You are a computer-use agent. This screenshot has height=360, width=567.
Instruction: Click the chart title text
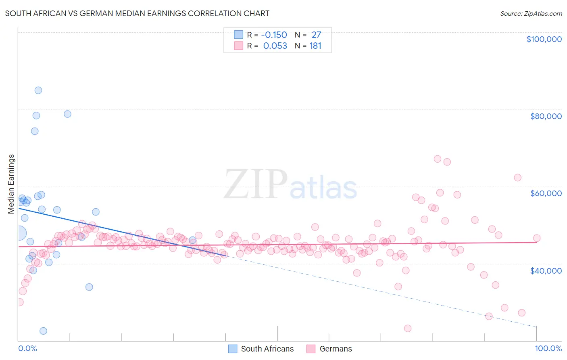pos(137,13)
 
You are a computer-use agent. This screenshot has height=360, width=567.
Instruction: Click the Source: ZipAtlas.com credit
pos(531,13)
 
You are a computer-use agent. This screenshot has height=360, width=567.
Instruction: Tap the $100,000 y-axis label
pos(544,39)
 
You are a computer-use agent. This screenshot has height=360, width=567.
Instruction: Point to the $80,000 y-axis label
pos(546,116)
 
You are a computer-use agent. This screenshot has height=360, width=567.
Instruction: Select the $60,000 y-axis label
pos(546,193)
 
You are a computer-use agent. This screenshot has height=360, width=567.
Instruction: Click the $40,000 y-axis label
pos(546,270)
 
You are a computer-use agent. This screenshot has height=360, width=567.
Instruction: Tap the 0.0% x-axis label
pos(27,348)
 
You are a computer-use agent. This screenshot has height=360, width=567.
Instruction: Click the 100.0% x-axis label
pos(548,348)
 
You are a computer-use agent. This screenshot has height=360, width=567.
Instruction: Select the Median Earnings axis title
pos(11,184)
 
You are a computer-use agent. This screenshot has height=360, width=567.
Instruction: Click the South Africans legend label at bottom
pos(267,349)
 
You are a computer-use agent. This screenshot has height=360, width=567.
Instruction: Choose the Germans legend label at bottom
pos(336,349)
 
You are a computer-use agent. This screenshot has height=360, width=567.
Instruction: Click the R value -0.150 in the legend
pos(275,35)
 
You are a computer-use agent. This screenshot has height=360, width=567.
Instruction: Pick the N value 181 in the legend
pos(315,46)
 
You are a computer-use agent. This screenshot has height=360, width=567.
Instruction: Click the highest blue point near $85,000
pos(38,90)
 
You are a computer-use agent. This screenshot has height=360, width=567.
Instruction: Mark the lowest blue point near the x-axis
pos(43,331)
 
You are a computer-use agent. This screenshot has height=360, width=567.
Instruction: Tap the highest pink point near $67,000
pos(438,159)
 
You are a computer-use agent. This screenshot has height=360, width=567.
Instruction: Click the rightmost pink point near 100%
pos(537,238)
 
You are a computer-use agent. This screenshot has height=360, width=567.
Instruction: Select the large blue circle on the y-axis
pos(19,233)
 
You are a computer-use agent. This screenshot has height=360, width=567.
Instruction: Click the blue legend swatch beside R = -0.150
pos(239,35)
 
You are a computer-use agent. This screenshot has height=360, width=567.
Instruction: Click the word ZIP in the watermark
pos(255,185)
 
